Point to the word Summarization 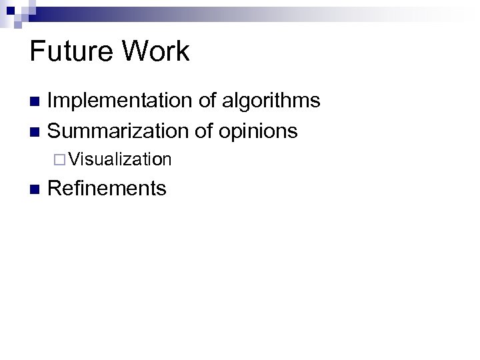tap(118, 131)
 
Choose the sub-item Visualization tap(119, 159)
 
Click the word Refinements tap(107, 189)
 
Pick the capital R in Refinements tap(55, 189)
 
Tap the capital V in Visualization tap(73, 159)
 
